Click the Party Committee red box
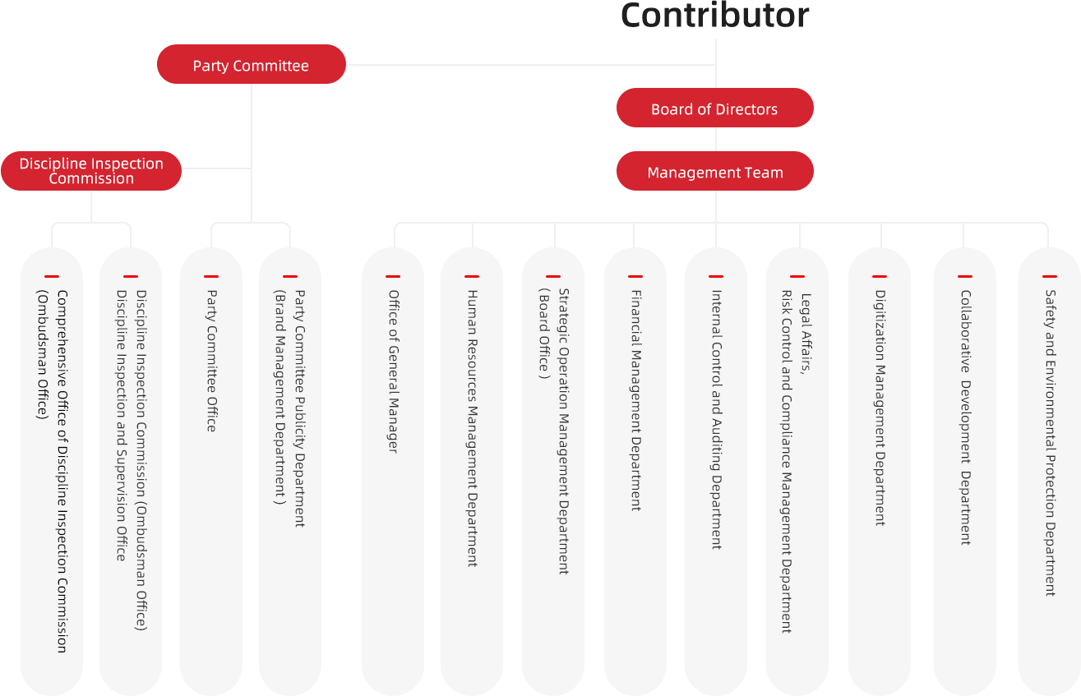point(251,65)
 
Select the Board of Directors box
point(714,108)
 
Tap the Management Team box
point(714,173)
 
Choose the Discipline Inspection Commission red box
point(90,171)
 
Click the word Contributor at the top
point(714,16)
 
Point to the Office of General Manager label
point(393,371)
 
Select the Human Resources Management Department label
point(472,427)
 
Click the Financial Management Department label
point(635,400)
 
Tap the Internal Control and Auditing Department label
point(715,419)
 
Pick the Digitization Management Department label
point(880,407)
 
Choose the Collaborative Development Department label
point(965,417)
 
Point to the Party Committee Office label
point(211,360)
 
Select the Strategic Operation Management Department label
point(563,431)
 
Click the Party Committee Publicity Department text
point(299,408)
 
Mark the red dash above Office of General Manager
point(393,276)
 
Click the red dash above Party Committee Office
point(211,276)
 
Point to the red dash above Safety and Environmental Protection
point(1050,276)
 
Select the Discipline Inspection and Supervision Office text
point(121,425)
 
